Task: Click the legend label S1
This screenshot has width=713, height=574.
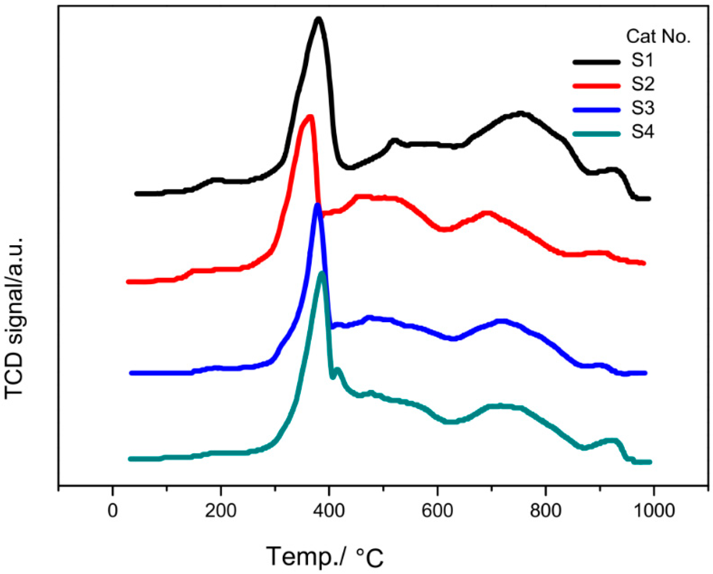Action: [642, 61]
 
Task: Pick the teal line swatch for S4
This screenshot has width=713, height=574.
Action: [596, 134]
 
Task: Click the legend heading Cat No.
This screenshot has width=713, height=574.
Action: [658, 36]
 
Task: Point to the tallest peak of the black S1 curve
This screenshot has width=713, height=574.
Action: [318, 19]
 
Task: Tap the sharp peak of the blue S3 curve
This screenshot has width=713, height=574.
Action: [317, 205]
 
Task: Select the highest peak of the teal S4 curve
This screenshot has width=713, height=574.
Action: [322, 273]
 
